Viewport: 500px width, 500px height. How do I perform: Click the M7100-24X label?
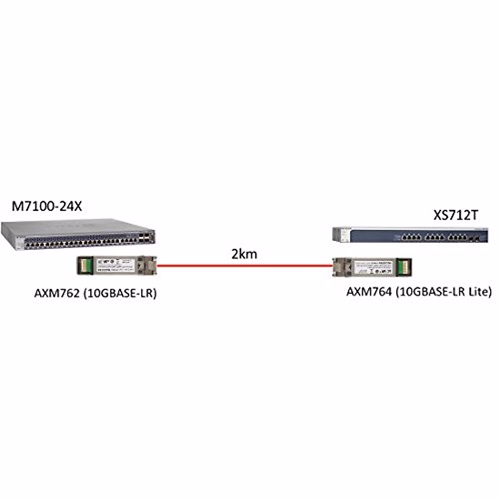pyautogui.click(x=46, y=206)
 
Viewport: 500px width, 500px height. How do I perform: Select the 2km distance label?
pyautogui.click(x=244, y=253)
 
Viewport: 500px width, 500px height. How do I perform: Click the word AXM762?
pyautogui.click(x=57, y=293)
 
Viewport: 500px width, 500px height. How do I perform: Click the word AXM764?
pyautogui.click(x=369, y=292)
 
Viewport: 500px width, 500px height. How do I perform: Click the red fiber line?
pyautogui.click(x=244, y=265)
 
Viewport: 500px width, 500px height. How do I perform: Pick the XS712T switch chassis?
pyautogui.click(x=410, y=234)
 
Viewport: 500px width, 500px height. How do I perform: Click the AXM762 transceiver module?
pyautogui.click(x=117, y=265)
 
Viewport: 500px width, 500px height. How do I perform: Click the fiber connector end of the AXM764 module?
pyautogui.click(x=339, y=266)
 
